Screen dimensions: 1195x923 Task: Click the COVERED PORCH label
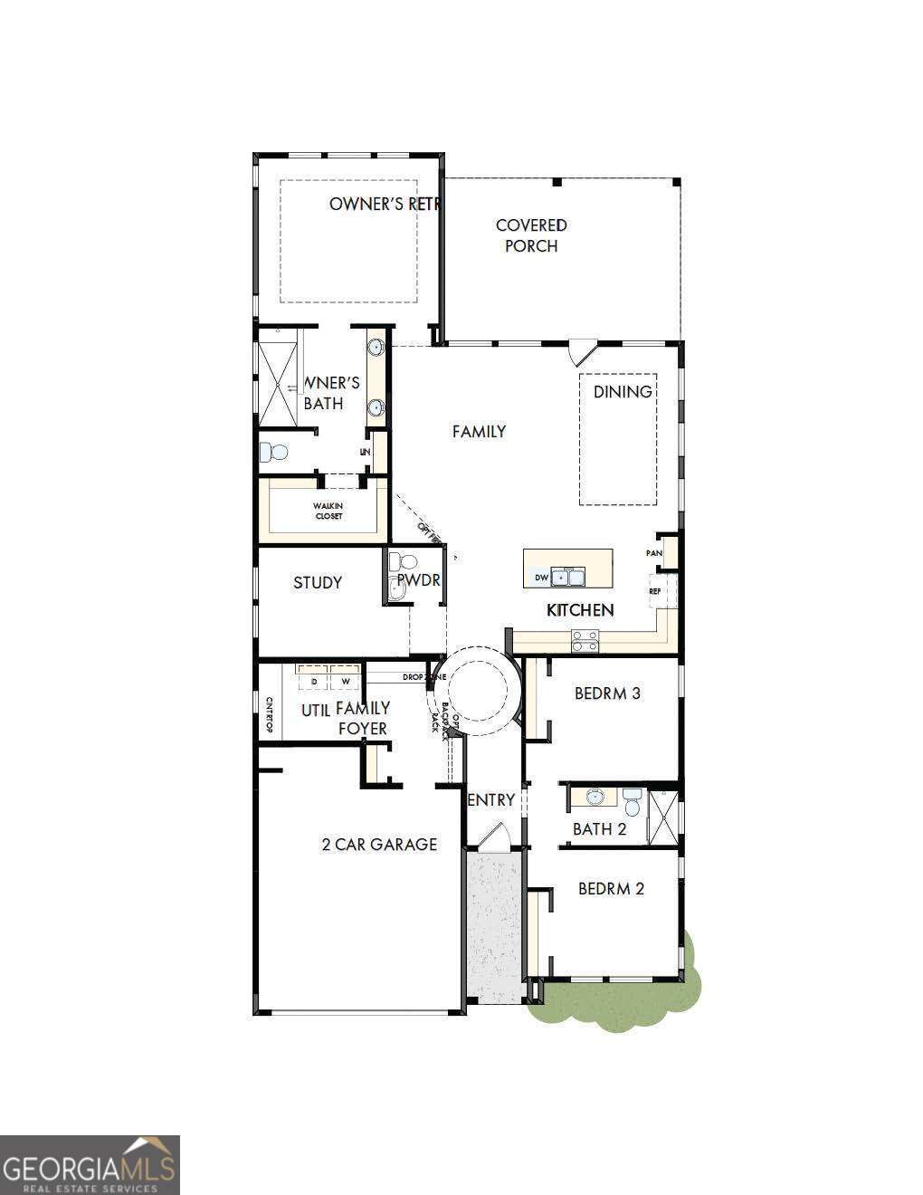pyautogui.click(x=531, y=235)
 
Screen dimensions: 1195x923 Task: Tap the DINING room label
pyautogui.click(x=623, y=392)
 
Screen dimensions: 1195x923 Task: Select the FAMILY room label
pyautogui.click(x=479, y=432)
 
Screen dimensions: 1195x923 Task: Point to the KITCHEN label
pyautogui.click(x=580, y=610)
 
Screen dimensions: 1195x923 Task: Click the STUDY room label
pyautogui.click(x=318, y=583)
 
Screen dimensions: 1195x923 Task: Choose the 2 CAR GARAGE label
pyautogui.click(x=379, y=845)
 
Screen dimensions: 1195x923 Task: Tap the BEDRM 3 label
pyautogui.click(x=607, y=693)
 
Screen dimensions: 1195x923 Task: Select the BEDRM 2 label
pyautogui.click(x=611, y=889)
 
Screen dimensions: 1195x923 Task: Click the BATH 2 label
pyautogui.click(x=599, y=829)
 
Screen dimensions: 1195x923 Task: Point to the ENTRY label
pyautogui.click(x=492, y=800)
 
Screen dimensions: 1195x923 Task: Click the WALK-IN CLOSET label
pyautogui.click(x=328, y=511)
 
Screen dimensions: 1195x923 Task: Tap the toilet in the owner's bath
pyautogui.click(x=273, y=451)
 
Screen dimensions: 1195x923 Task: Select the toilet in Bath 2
pyautogui.click(x=633, y=801)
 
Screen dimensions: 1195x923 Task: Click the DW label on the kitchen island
pyautogui.click(x=541, y=578)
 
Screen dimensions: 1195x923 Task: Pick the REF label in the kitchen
pyautogui.click(x=655, y=591)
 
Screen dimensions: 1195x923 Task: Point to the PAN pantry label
pyautogui.click(x=654, y=553)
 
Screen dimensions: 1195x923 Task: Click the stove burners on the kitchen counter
pyautogui.click(x=585, y=641)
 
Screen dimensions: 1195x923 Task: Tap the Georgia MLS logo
pyautogui.click(x=90, y=1164)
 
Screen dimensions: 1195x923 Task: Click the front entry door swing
pyautogui.click(x=493, y=837)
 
